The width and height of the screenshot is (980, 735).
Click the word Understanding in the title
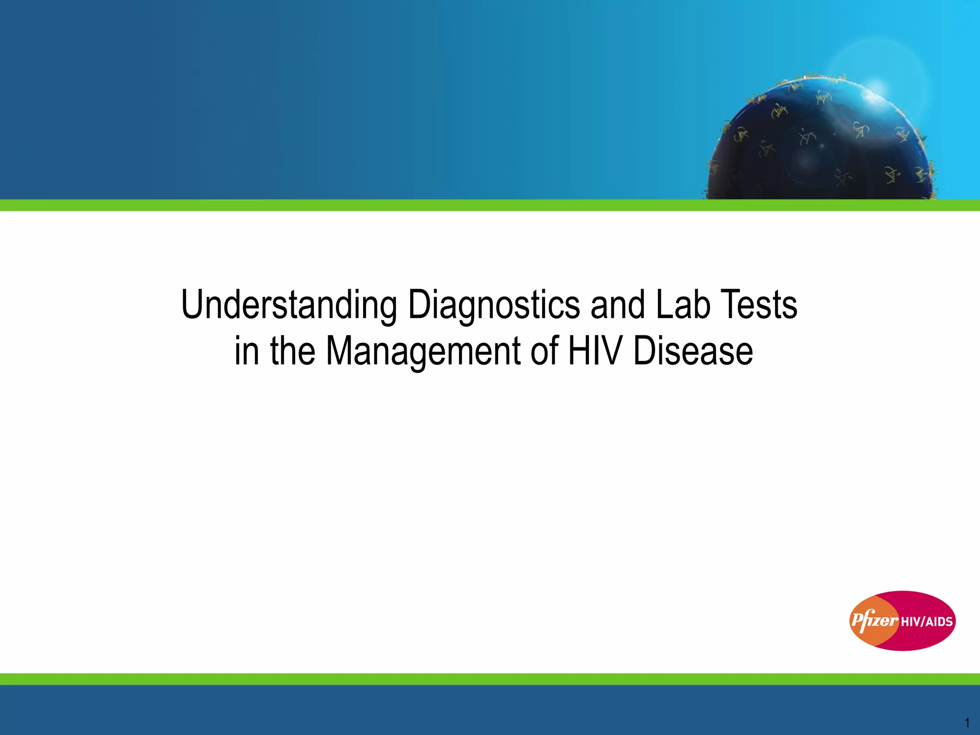pos(289,305)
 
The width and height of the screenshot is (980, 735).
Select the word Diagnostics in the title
pos(494,305)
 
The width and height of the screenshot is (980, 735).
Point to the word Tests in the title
pos(759,305)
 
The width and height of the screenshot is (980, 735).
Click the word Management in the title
pos(423,351)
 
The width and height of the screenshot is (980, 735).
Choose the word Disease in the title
pos(693,351)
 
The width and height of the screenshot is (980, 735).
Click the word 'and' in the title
pos(617,305)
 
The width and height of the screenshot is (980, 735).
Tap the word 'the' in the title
pos(292,351)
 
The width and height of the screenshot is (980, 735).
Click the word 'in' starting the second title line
pos(246,351)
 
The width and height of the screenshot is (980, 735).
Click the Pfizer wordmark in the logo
pos(874,621)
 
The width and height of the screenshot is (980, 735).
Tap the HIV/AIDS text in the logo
pos(927,622)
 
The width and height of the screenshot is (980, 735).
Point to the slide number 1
pos(967,723)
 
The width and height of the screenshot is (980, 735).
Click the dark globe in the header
pos(813,148)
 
